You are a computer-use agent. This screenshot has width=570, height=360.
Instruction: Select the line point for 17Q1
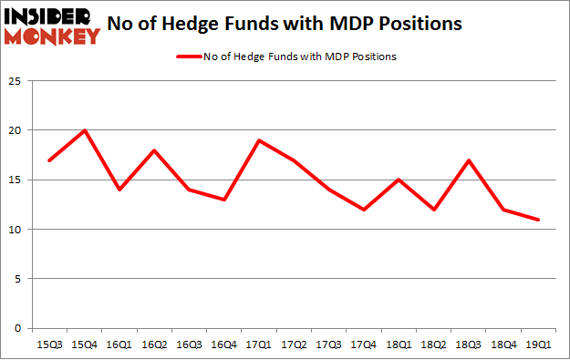coord(260,140)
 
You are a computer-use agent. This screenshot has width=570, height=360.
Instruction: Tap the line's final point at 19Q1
coord(539,220)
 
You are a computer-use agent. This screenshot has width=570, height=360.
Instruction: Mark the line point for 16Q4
coord(224,200)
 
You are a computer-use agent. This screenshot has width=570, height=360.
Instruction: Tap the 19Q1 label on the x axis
coord(538,345)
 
